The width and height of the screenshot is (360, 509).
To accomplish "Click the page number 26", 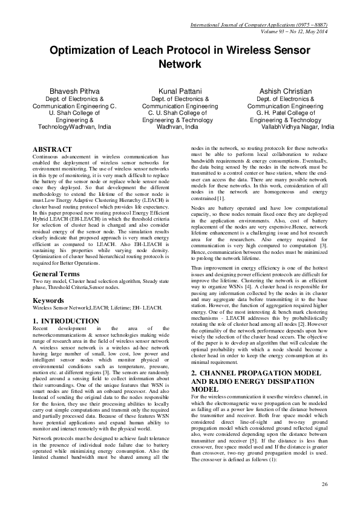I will click(324, 485).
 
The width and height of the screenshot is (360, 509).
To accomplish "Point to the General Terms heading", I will click(59, 274).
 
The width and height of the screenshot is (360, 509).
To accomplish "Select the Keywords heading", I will click(48, 300).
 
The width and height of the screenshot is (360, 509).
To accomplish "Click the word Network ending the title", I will click(180, 63).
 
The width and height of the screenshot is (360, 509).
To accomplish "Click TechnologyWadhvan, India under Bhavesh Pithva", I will click(75, 128).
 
